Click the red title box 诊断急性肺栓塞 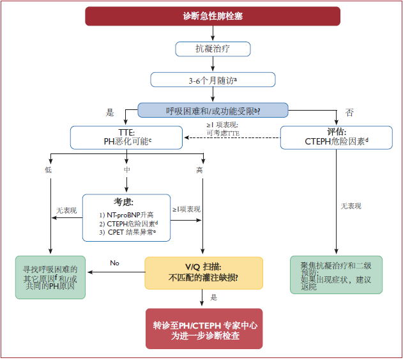[x=213, y=16]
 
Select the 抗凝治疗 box [x=213, y=49]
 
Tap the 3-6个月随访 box [x=213, y=80]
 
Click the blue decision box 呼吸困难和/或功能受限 [x=213, y=110]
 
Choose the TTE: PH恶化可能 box [x=126, y=137]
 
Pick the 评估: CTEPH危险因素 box [x=337, y=137]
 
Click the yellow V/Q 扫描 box [x=204, y=273]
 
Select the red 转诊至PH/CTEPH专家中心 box [x=204, y=329]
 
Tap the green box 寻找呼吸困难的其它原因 [x=50, y=278]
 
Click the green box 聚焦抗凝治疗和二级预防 [x=336, y=275]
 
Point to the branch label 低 [x=49, y=170]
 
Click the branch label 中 [x=127, y=170]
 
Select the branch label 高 [x=199, y=170]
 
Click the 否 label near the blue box [x=349, y=113]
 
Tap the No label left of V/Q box [x=114, y=263]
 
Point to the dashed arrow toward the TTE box [x=232, y=137]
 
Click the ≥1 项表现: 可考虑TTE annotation [x=223, y=129]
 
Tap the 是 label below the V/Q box [x=214, y=297]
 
